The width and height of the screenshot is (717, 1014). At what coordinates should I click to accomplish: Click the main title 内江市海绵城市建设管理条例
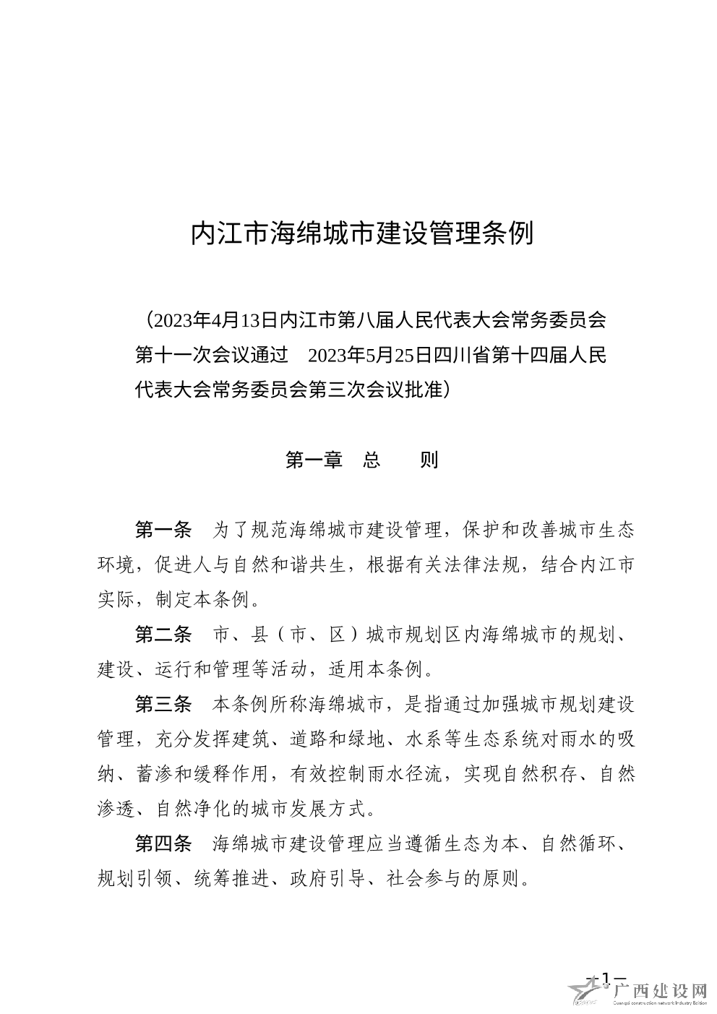click(x=361, y=233)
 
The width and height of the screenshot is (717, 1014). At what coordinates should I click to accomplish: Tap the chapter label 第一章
click(x=314, y=460)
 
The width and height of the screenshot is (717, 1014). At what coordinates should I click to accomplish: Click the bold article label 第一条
click(x=164, y=529)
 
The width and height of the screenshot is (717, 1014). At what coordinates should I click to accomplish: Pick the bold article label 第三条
click(x=164, y=703)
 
